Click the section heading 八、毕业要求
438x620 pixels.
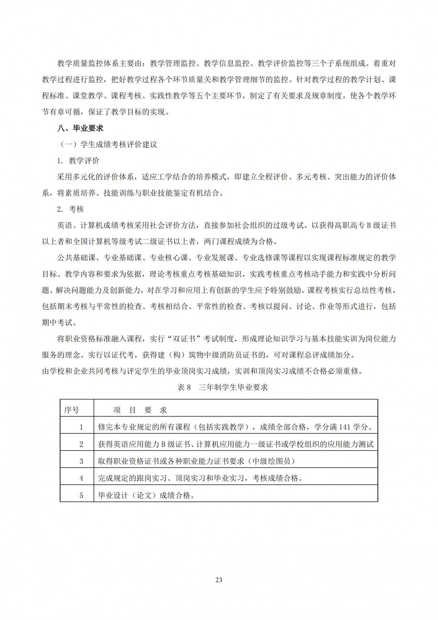[x=80, y=128]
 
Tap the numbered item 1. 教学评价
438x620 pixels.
[x=78, y=161]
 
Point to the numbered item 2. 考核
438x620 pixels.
[x=70, y=209]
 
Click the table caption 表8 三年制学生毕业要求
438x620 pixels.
[x=222, y=387]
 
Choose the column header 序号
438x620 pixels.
[x=72, y=410]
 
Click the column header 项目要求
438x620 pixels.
[x=140, y=410]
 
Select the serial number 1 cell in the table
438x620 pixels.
[x=81, y=427]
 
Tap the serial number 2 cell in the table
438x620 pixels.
[x=81, y=444]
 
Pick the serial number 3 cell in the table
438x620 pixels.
[x=81, y=461]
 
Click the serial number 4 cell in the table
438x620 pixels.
[x=81, y=478]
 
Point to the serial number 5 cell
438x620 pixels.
[x=81, y=495]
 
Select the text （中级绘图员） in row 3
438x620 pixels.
[x=271, y=461]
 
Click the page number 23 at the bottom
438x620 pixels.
[x=219, y=580]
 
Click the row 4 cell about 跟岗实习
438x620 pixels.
[x=200, y=478]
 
